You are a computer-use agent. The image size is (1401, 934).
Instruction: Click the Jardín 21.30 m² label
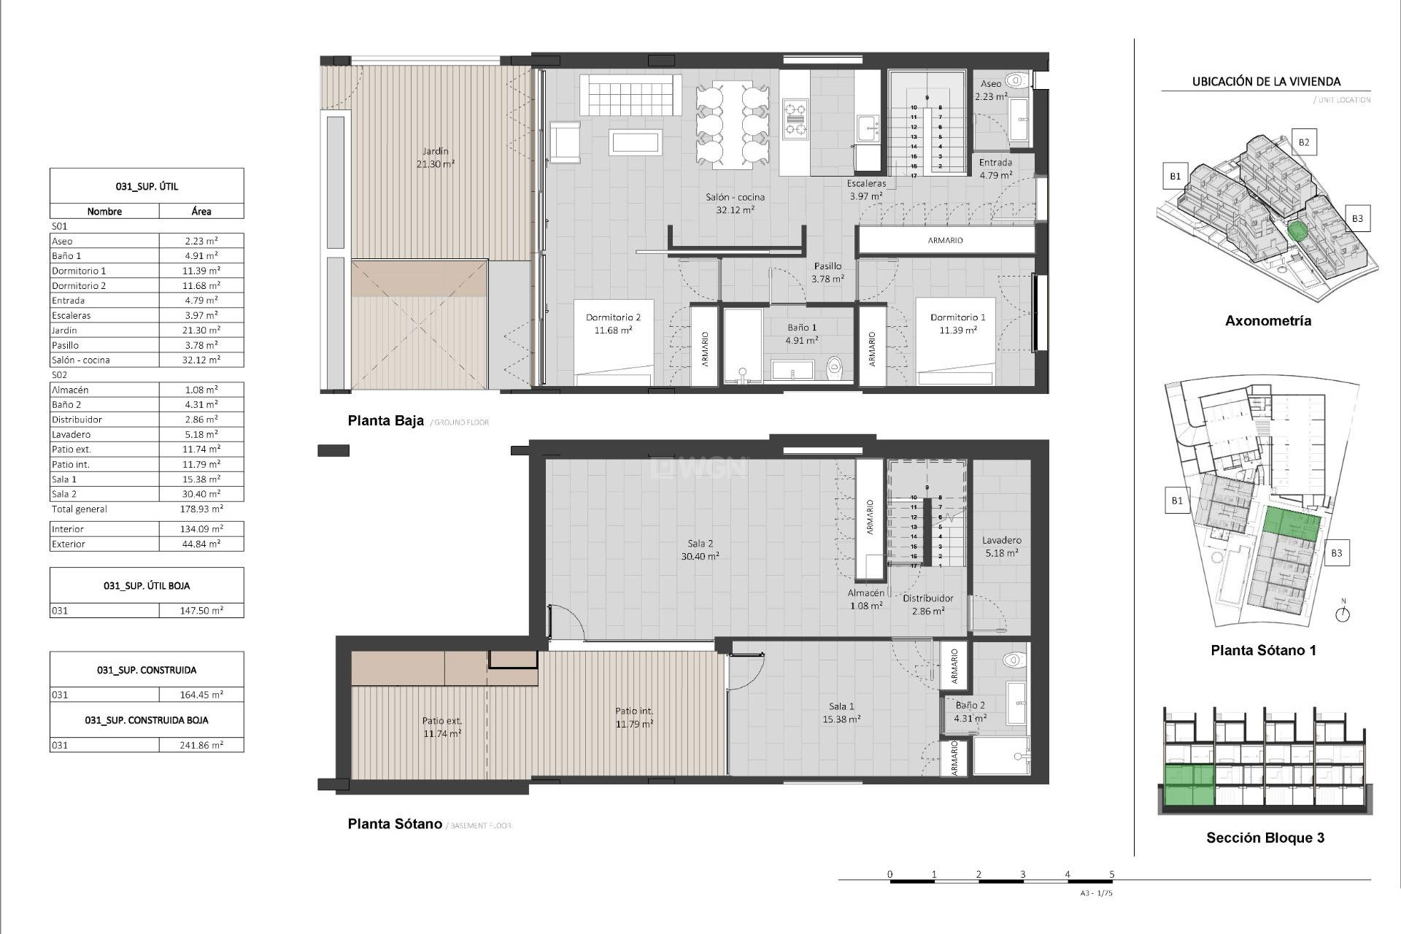click(x=435, y=158)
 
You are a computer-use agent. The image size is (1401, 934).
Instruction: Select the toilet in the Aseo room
click(x=1015, y=80)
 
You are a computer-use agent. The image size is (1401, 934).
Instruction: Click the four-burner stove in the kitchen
click(x=795, y=119)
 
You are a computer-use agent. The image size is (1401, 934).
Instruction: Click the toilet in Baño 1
click(x=835, y=368)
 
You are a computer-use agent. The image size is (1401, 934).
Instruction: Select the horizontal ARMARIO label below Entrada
click(x=945, y=240)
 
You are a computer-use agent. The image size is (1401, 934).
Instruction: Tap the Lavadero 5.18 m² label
click(x=1001, y=547)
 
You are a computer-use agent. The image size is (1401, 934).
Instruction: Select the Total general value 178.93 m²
click(x=201, y=509)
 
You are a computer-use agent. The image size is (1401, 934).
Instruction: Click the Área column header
click(x=201, y=212)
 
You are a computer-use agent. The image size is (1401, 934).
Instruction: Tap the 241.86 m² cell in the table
click(x=201, y=745)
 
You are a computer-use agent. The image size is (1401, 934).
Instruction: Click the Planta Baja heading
click(x=385, y=420)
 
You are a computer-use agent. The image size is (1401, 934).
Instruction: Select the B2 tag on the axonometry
click(x=1303, y=142)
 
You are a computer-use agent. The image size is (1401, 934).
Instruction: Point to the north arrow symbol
click(x=1343, y=613)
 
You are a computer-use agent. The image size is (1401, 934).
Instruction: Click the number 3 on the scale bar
click(x=1022, y=874)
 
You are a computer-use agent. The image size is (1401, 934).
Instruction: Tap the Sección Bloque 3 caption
click(x=1265, y=838)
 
